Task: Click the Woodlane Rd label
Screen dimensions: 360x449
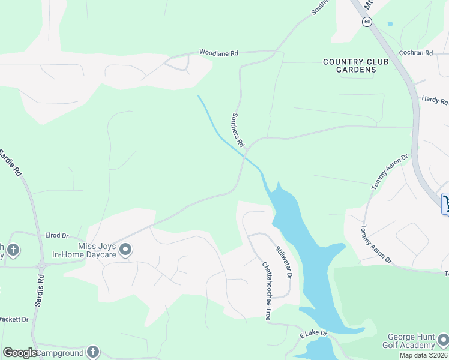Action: click(218, 53)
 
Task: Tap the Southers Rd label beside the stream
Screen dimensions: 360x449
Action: click(238, 130)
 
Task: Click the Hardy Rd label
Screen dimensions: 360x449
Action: click(435, 100)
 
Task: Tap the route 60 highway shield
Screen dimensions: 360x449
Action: click(367, 22)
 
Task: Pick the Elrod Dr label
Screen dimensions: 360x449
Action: click(57, 236)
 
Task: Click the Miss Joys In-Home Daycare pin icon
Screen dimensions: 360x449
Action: click(125, 249)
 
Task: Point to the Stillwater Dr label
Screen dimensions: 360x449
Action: click(283, 262)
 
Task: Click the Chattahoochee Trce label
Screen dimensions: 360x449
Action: click(265, 290)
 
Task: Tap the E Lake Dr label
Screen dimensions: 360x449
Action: click(315, 333)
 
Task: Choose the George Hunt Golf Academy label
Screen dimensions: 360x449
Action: click(412, 341)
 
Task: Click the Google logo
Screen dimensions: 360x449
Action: click(20, 353)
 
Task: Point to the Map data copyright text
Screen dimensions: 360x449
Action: click(423, 355)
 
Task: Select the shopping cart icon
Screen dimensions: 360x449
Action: click(446, 203)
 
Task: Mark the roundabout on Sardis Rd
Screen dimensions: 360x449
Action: click(42, 265)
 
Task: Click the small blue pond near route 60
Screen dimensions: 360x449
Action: click(390, 23)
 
